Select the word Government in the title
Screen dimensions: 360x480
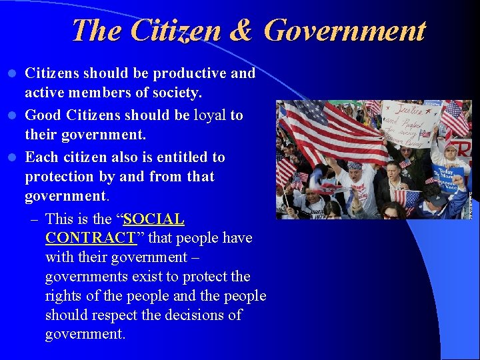pyautogui.click(x=344, y=31)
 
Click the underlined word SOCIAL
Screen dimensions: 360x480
pyautogui.click(x=154, y=219)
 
